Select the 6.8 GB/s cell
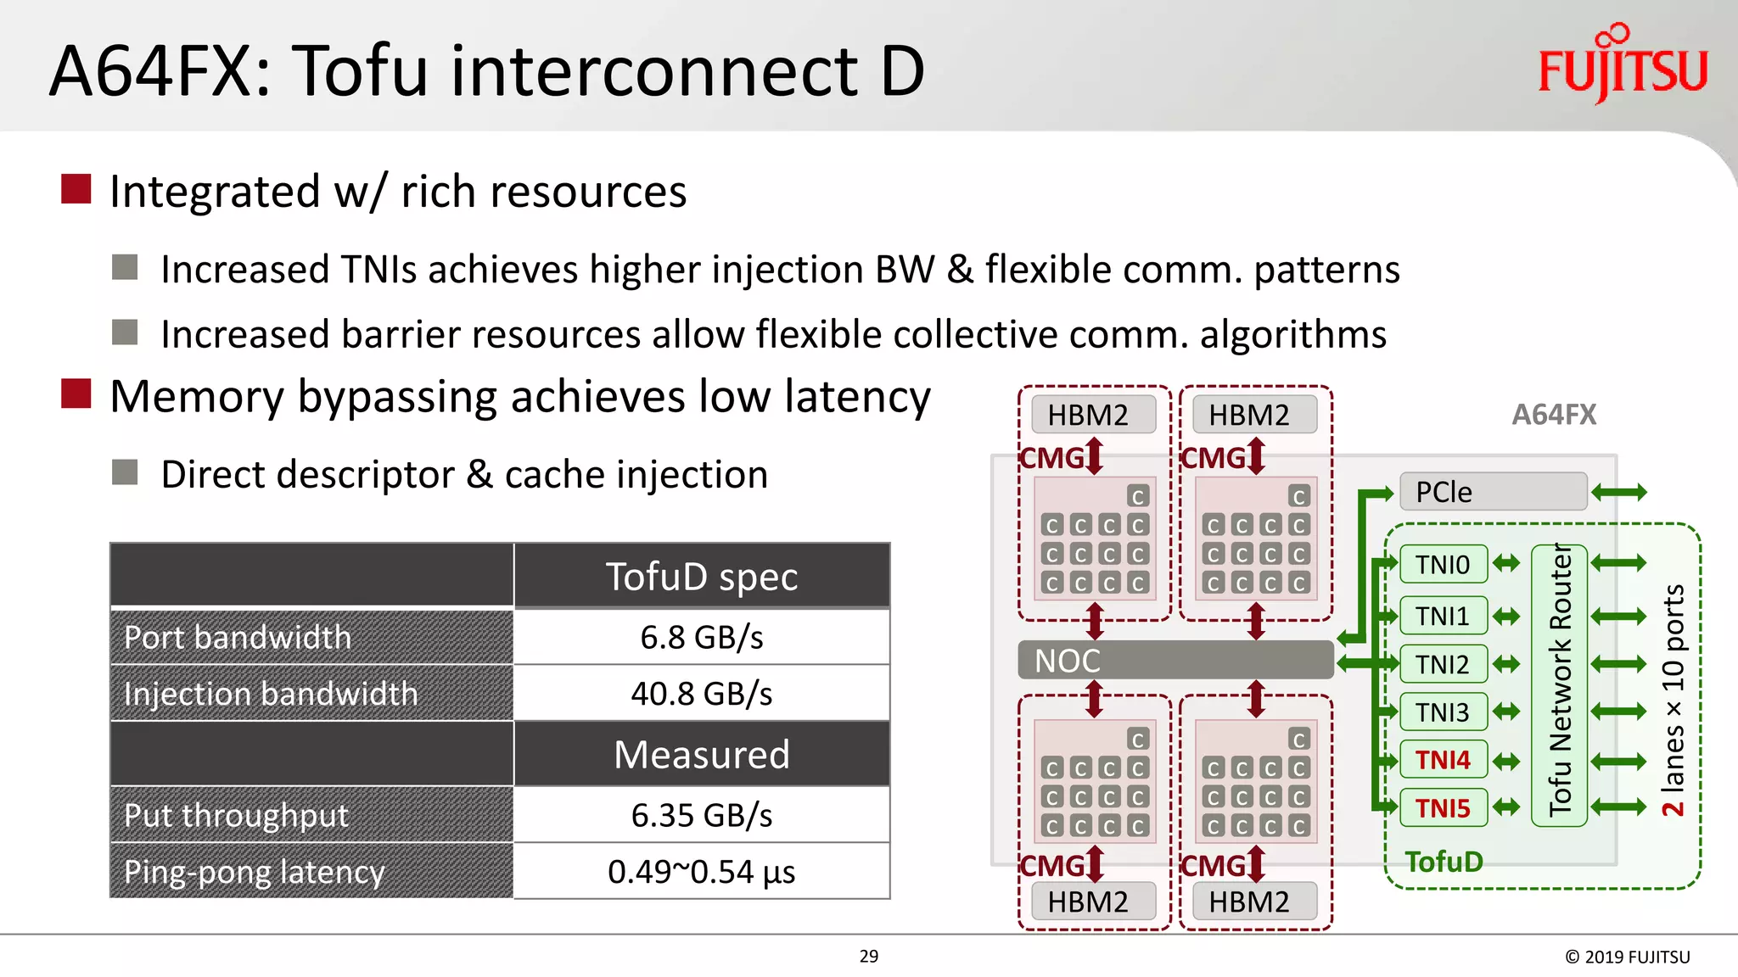click(702, 637)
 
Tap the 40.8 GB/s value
click(702, 694)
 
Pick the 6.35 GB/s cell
click(702, 815)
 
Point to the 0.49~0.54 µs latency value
click(702, 872)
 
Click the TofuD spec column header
click(702, 577)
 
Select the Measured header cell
click(702, 755)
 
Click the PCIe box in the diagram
click(1493, 492)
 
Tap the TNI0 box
click(1443, 565)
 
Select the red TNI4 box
click(1443, 760)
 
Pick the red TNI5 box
click(1443, 808)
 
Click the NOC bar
click(1175, 660)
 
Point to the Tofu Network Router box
click(1559, 685)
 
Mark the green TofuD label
click(1444, 863)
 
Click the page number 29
click(869, 957)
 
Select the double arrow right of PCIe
click(1619, 492)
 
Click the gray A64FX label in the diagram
click(1554, 415)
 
